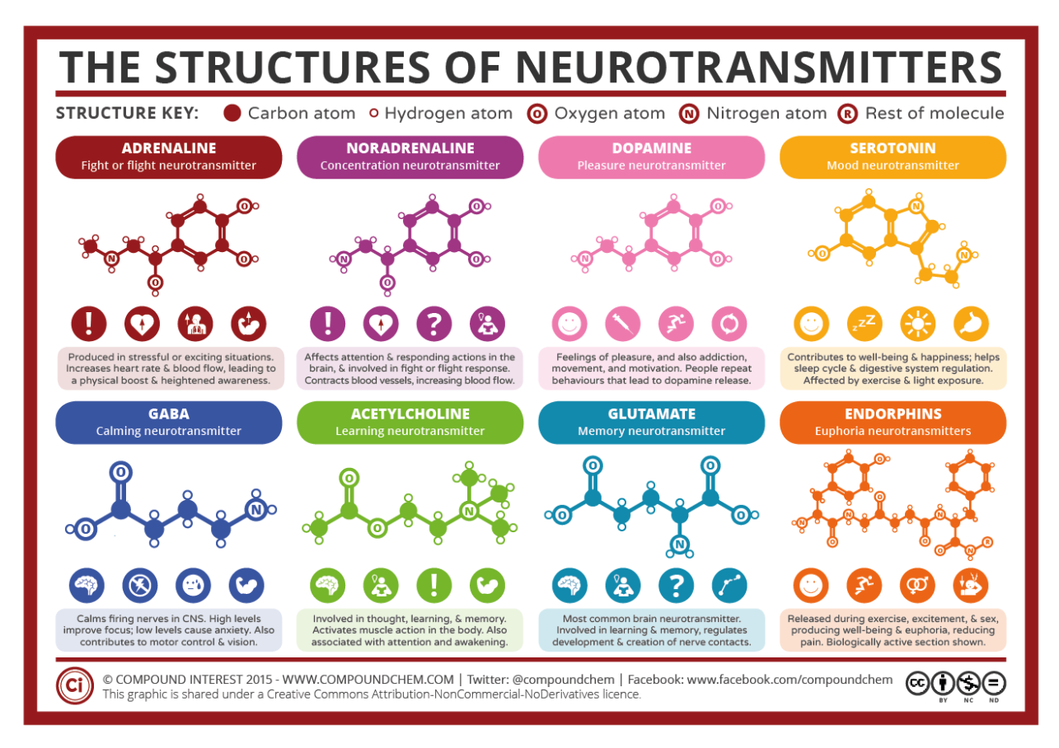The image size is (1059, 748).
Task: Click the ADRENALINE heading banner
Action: (x=168, y=157)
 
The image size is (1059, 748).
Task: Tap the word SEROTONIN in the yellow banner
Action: (x=893, y=149)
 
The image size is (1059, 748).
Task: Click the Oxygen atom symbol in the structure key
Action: (x=539, y=114)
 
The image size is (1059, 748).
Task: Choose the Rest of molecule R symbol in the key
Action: (x=846, y=114)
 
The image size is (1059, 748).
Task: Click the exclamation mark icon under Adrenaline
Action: (x=88, y=324)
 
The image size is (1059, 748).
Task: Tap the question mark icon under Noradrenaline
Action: (x=433, y=324)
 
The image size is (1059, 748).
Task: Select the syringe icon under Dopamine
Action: (x=622, y=324)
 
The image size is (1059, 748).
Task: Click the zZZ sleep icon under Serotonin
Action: (x=864, y=324)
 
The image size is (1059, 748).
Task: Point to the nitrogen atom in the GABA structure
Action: (x=255, y=510)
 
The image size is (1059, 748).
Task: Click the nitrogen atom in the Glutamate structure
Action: (x=679, y=545)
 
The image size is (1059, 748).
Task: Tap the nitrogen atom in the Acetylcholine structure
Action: (x=469, y=512)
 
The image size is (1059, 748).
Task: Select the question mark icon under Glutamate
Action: (x=675, y=585)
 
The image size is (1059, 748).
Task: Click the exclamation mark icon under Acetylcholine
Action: (x=433, y=585)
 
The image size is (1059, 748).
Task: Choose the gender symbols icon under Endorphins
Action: (x=916, y=585)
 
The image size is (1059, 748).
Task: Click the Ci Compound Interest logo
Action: (x=73, y=686)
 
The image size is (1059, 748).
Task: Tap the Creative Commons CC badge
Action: (x=917, y=683)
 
